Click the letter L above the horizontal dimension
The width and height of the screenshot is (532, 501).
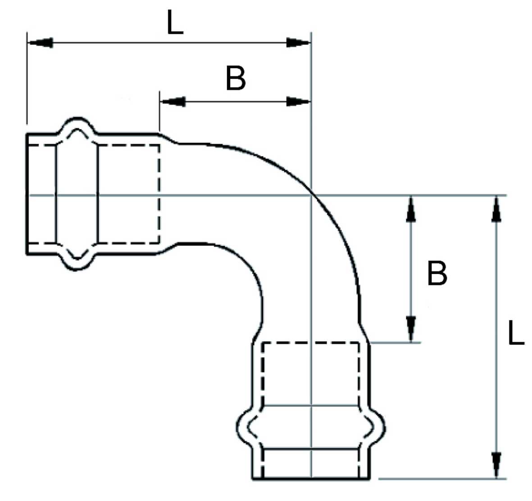(x=175, y=23)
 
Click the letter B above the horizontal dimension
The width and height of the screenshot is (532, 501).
(x=236, y=78)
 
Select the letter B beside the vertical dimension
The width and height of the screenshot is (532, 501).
(x=437, y=273)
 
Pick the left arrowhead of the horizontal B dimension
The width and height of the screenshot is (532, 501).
(x=173, y=101)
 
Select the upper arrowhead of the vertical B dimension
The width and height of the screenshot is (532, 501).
(x=410, y=209)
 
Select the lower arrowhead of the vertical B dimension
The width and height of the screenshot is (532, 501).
(x=410, y=329)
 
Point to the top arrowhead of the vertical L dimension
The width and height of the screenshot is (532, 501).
(x=496, y=209)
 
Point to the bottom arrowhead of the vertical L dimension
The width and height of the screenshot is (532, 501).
(x=496, y=464)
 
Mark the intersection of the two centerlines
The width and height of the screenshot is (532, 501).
(x=311, y=195)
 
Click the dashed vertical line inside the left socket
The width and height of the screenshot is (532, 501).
(x=159, y=194)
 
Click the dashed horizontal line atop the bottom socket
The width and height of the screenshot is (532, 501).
(x=311, y=343)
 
